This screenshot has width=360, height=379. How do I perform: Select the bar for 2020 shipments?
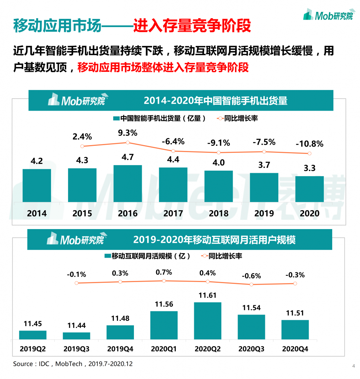click(x=310, y=189)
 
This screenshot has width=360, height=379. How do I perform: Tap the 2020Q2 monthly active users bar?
click(x=208, y=321)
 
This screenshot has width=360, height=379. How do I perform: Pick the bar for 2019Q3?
click(x=77, y=336)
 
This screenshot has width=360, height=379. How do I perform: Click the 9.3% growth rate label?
click(x=128, y=133)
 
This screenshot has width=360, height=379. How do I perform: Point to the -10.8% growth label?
click(x=309, y=144)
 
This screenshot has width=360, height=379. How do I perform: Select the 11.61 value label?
click(x=208, y=295)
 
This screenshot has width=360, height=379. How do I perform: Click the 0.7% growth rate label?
click(x=164, y=272)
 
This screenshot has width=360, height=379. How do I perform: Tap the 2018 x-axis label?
click(x=218, y=214)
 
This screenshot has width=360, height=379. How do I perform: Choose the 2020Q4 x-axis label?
click(x=295, y=349)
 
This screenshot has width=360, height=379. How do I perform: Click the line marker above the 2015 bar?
click(x=82, y=146)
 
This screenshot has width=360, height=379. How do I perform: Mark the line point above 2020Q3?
click(x=252, y=284)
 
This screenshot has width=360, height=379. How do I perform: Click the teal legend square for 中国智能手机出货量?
click(x=116, y=118)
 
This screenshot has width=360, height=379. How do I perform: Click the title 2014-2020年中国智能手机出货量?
click(x=215, y=101)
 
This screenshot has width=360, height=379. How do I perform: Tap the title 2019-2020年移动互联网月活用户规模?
click(x=214, y=240)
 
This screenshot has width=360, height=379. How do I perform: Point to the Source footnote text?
click(x=73, y=364)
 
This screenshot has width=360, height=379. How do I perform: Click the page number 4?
click(x=353, y=366)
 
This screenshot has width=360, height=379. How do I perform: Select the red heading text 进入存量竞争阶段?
click(x=192, y=26)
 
